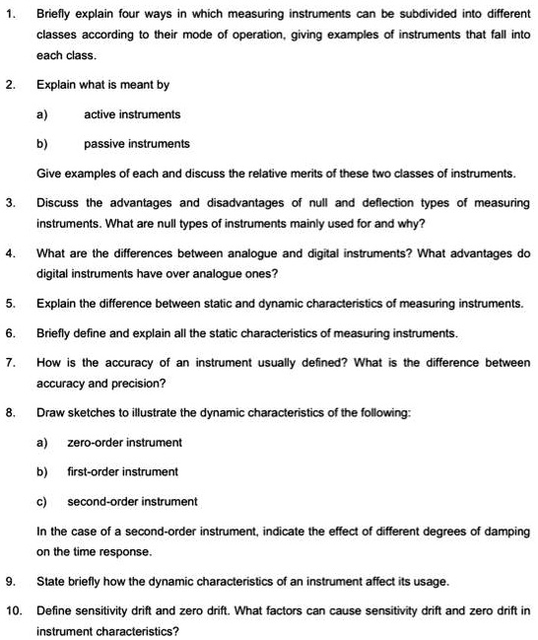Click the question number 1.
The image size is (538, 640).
9,15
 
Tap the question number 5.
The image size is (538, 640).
9,303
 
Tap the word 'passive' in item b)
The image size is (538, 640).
103,143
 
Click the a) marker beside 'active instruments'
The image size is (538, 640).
42,114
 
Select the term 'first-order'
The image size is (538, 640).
92,471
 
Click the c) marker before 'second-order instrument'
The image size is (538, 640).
42,501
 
